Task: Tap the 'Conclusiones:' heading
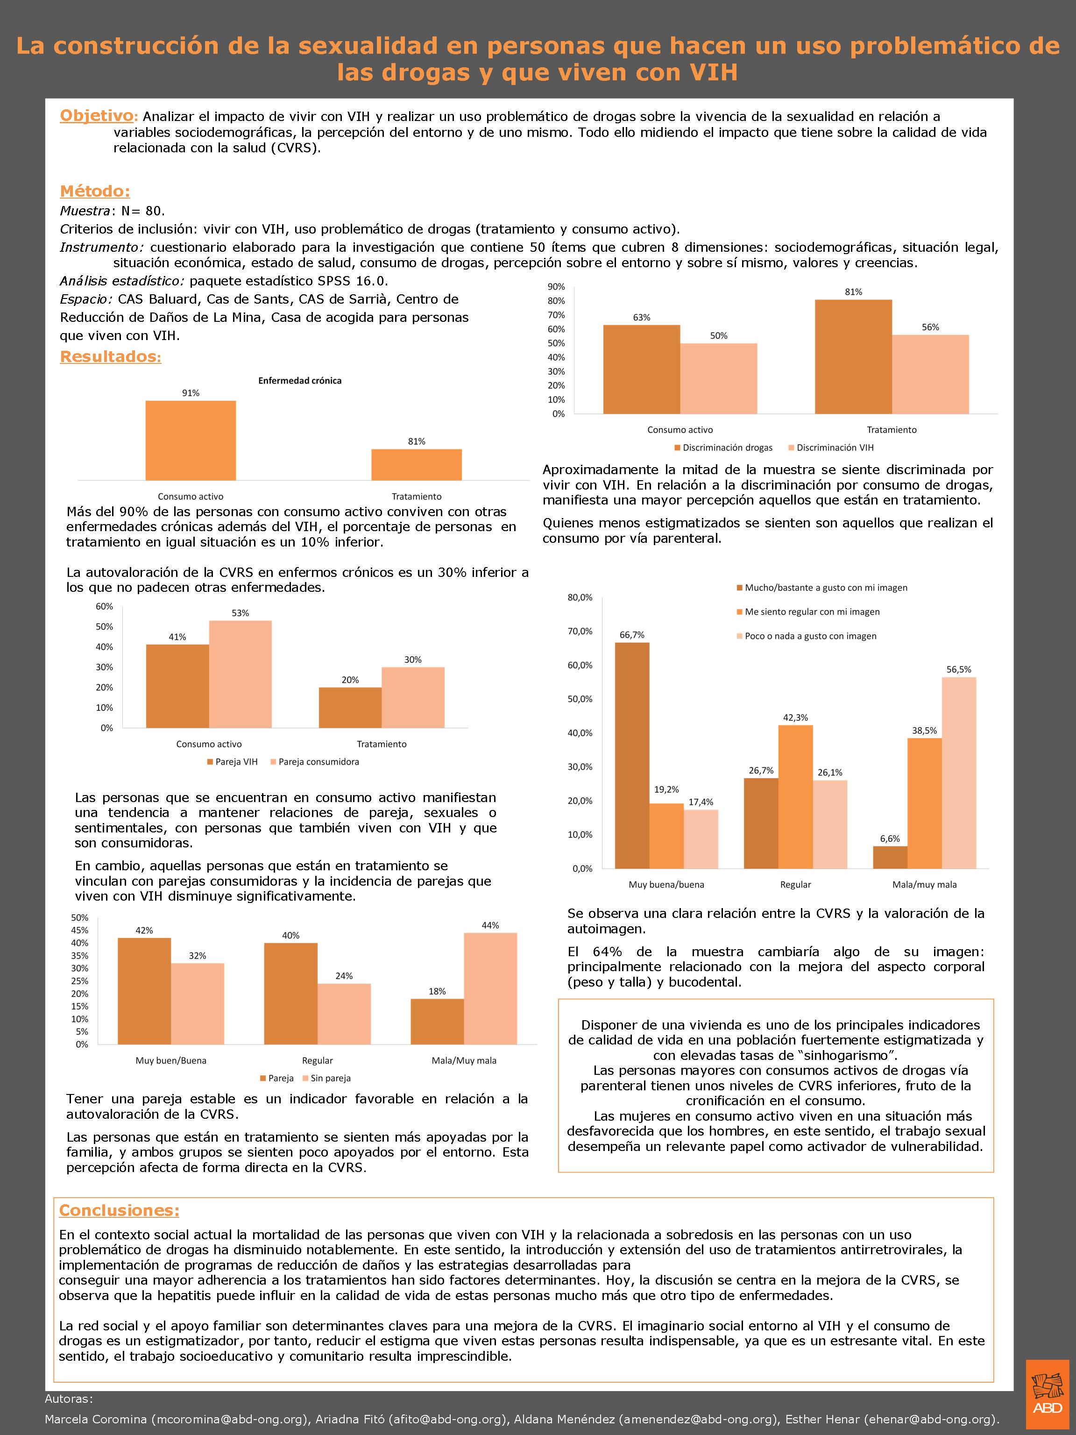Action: tap(119, 1210)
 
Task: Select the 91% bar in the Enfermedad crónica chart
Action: tap(190, 440)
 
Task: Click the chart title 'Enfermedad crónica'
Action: tap(300, 381)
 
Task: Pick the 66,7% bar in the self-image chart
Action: tap(632, 755)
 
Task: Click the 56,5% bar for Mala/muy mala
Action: tap(959, 772)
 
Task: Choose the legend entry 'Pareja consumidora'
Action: tap(319, 761)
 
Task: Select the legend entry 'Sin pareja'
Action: tap(330, 1078)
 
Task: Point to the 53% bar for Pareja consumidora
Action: tap(240, 674)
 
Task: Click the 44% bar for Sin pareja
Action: tap(490, 988)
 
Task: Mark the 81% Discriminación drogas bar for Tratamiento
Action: tap(853, 357)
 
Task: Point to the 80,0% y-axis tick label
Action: tap(580, 597)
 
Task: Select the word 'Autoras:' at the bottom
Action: tap(69, 1399)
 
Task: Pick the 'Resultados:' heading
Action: tap(110, 356)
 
